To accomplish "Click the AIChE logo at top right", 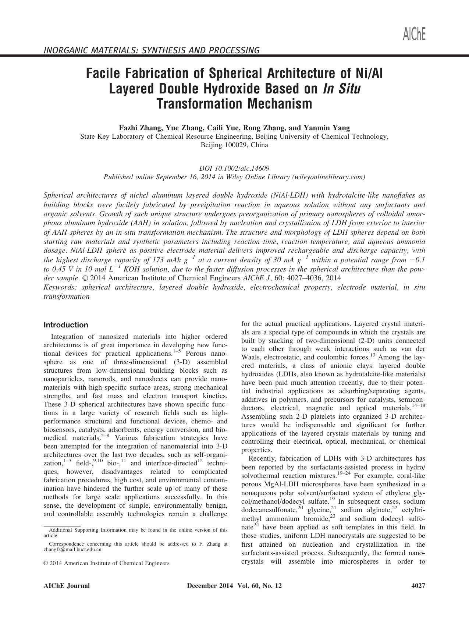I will pyautogui.click(x=414, y=34).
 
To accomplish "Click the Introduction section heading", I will pyautogui.click(x=66, y=325).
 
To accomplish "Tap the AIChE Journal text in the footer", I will pyautogui.click(x=67, y=586).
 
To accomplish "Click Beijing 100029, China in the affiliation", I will pyautogui.click(x=234, y=145).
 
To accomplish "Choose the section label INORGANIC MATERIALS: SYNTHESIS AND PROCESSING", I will pyautogui.click(x=152, y=50).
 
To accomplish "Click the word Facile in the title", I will pyautogui.click(x=103, y=74).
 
